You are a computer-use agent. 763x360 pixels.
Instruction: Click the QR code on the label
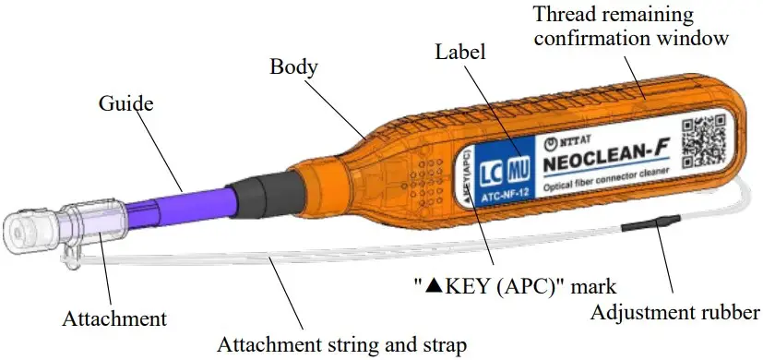[x=703, y=140]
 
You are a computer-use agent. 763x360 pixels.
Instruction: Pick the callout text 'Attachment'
[x=114, y=319]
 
